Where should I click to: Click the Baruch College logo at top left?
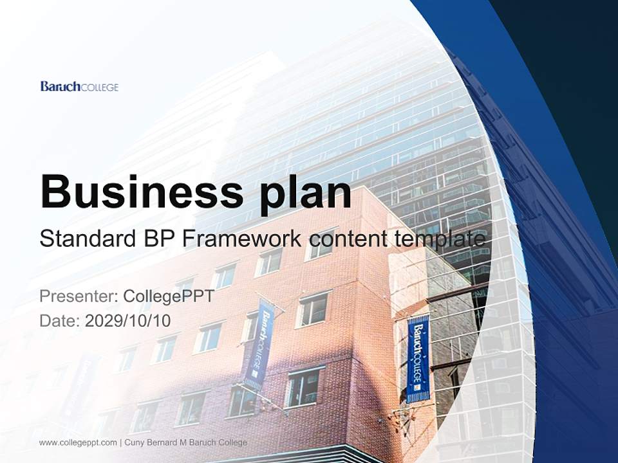pos(79,86)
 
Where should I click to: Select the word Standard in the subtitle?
pos(85,239)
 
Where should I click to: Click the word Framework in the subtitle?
pos(242,239)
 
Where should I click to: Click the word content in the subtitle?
pos(348,239)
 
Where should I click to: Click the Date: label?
pos(60,321)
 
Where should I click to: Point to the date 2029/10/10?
pos(128,321)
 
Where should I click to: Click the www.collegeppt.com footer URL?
pos(78,442)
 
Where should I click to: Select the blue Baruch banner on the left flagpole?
pos(259,344)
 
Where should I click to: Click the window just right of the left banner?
pos(314,309)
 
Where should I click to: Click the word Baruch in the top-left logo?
pos(60,86)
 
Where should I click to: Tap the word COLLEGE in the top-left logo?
pos(99,87)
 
